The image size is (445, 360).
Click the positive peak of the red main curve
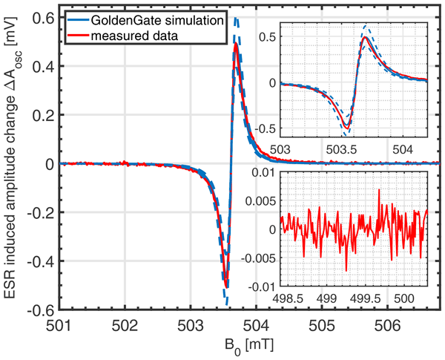tap(235, 44)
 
